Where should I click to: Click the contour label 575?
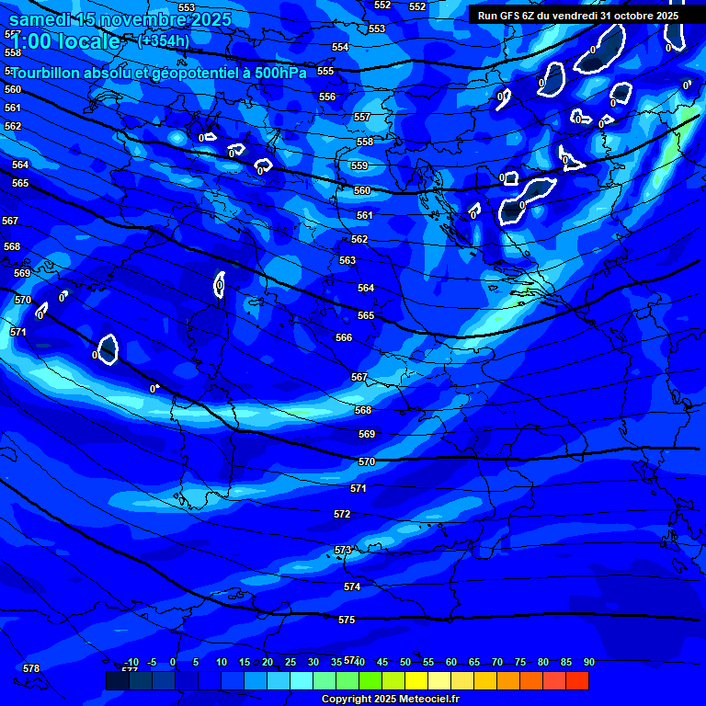tap(347, 621)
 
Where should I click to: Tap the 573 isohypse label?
tap(343, 550)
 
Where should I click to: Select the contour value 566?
tap(344, 337)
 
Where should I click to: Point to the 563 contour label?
tap(347, 260)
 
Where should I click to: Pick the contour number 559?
tap(359, 166)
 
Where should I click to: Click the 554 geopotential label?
tap(340, 47)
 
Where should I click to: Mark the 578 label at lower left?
tap(31, 668)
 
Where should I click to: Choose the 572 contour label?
tap(342, 514)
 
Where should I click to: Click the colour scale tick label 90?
tap(588, 662)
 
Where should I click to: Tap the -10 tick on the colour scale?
tap(131, 662)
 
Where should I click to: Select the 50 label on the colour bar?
tap(405, 662)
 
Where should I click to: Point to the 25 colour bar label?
tap(290, 662)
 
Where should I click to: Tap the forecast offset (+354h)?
tap(164, 40)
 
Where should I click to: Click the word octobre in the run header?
tap(626, 16)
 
